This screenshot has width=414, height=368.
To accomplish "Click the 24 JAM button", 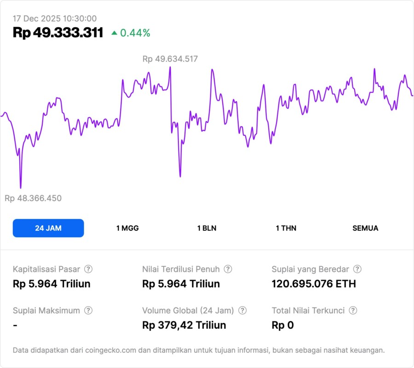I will [48, 228].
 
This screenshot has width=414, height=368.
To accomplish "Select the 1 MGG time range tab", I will [127, 228].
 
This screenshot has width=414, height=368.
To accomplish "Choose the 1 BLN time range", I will [207, 228].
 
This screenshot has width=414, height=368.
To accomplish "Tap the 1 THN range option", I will [286, 228].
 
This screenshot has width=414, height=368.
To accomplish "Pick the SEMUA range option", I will [365, 228].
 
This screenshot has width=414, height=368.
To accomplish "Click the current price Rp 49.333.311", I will [58, 33].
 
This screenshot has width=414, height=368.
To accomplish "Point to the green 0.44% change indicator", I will [131, 33].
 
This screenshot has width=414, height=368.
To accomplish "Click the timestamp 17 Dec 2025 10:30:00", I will [55, 18].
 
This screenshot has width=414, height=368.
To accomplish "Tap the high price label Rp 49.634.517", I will [170, 59].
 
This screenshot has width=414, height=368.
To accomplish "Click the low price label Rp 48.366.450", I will [33, 198].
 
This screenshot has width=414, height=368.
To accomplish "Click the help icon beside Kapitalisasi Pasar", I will [88, 269].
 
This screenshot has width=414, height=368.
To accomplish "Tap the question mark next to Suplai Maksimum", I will [88, 310].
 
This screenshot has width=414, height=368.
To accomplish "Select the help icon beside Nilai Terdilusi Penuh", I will [228, 269].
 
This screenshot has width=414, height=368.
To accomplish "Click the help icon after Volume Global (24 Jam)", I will [242, 310].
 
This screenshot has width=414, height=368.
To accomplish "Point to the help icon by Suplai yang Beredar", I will [357, 269].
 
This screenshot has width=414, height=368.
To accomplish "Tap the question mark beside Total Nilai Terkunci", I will [353, 310].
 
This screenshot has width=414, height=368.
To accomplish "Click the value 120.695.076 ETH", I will [314, 284].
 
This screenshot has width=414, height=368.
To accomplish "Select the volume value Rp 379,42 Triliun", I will [184, 325].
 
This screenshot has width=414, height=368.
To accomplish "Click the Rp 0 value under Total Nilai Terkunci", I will [282, 325].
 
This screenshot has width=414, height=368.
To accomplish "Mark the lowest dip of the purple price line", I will [21, 187].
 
